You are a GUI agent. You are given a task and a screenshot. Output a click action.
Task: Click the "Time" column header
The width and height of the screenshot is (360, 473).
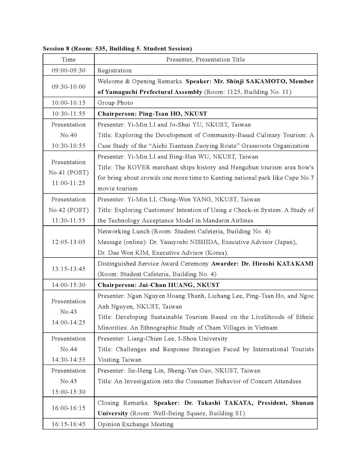tap(69, 60)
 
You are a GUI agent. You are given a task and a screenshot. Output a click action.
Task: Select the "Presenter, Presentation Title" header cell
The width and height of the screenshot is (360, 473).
tap(205, 60)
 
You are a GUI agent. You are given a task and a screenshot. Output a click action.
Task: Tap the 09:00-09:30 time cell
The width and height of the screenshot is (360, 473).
tap(69, 70)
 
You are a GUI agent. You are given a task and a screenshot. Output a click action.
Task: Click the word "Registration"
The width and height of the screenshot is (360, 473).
tap(114, 70)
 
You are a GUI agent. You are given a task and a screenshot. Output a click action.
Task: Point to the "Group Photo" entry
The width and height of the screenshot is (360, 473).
tap(115, 103)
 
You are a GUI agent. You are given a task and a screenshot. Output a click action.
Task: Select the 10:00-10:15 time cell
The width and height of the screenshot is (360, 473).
tap(69, 103)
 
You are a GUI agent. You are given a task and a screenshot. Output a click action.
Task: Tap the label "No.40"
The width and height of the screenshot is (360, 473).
tap(69, 135)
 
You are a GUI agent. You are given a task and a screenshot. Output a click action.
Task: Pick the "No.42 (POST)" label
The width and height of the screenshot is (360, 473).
tap(69, 210)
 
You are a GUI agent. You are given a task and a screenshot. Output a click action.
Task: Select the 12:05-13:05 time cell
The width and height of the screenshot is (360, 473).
tap(69, 242)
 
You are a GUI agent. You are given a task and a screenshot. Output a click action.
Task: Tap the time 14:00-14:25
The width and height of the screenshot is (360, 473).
tap(69, 322)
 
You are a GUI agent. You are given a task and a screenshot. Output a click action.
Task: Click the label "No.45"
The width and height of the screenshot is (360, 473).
tap(69, 381)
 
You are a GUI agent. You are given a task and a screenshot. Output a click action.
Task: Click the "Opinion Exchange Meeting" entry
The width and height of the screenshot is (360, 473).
tap(135, 424)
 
